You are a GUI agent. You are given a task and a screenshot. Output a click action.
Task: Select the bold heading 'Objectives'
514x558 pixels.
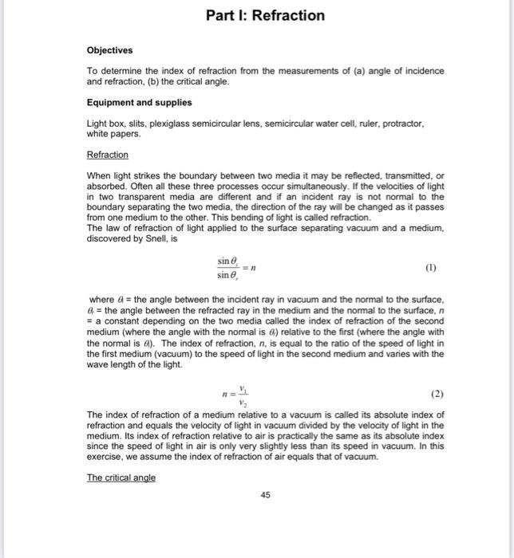[109, 50]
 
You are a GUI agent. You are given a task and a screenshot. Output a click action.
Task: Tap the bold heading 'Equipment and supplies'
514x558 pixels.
[139, 103]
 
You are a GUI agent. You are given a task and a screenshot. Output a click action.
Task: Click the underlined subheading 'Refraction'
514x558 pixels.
[107, 155]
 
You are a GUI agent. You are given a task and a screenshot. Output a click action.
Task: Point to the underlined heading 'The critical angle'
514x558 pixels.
[121, 477]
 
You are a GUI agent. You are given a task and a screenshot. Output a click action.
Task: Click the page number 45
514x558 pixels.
[265, 495]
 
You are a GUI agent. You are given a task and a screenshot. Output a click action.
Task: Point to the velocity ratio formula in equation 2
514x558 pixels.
[239, 394]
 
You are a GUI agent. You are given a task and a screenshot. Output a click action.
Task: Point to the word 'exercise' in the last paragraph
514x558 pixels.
[107, 458]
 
